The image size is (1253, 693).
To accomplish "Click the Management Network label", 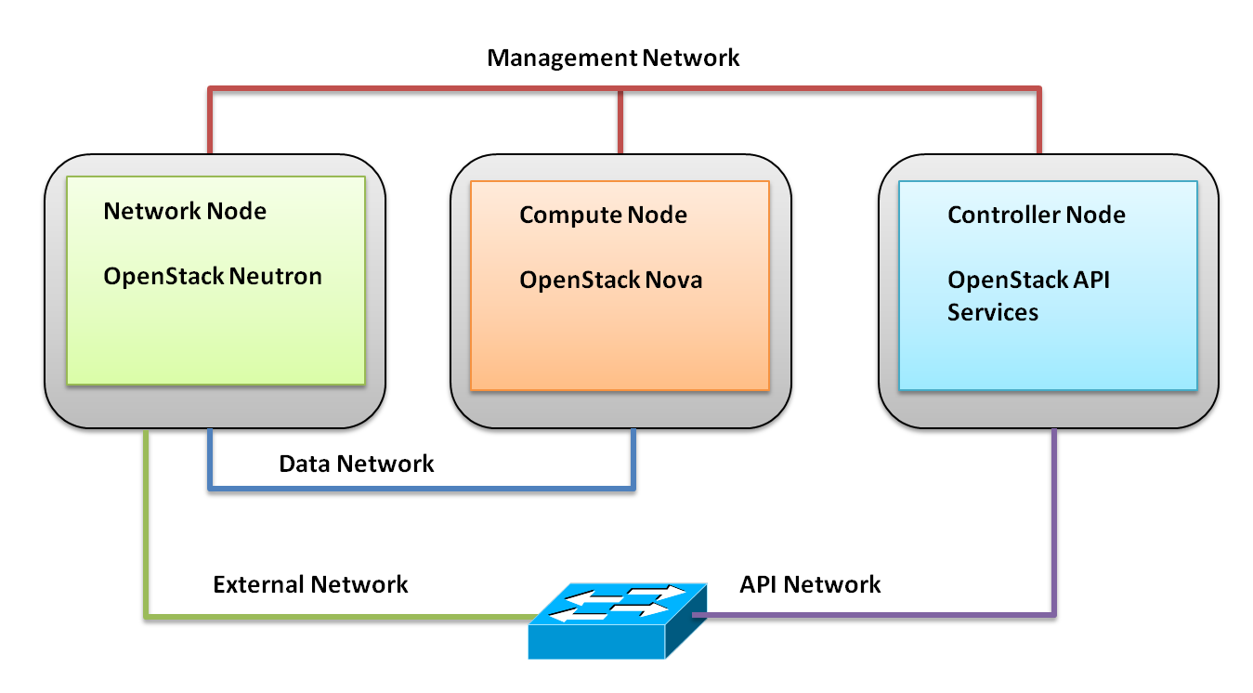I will [x=613, y=58].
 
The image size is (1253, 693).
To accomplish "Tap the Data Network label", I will [x=357, y=463].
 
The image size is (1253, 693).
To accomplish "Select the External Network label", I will [x=310, y=584].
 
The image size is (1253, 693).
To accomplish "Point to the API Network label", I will [x=810, y=584].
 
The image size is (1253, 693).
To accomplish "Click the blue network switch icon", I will [x=616, y=618].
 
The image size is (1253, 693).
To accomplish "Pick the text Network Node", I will [x=185, y=211].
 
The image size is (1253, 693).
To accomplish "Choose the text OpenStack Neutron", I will [x=213, y=276].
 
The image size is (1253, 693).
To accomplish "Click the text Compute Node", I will [x=603, y=216].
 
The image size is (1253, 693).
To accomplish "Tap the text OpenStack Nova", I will [x=610, y=280].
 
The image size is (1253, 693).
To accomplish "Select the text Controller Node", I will [x=1036, y=216].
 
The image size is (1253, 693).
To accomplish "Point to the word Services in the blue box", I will [x=992, y=312].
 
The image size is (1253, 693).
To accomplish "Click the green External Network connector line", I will [x=147, y=539].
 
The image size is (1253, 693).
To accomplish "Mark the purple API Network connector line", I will [x=1055, y=539].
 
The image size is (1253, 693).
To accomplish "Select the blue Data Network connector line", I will [x=418, y=487].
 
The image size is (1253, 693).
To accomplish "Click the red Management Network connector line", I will [x=620, y=89].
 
